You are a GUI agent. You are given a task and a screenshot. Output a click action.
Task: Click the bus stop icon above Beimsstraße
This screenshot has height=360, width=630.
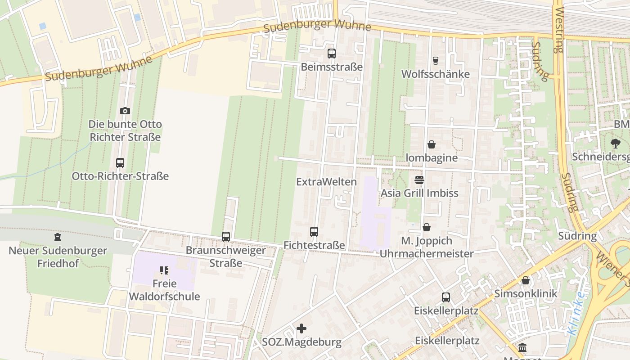pos(332,54)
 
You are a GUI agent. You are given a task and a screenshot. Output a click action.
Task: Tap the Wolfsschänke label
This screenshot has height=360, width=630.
pos(435,74)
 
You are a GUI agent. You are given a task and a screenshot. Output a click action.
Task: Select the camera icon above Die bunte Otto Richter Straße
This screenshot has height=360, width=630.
pos(125,111)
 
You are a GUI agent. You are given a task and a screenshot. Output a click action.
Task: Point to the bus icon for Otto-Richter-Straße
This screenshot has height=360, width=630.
pos(120,163)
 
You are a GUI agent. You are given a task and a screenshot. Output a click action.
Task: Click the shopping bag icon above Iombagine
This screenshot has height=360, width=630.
pos(431,144)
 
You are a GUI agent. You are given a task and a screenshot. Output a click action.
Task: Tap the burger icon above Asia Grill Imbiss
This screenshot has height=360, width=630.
pos(419,180)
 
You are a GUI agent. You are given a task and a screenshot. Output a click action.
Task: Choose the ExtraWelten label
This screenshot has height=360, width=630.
pos(326,182)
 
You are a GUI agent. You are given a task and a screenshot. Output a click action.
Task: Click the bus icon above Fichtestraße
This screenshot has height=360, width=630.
pos(314,232)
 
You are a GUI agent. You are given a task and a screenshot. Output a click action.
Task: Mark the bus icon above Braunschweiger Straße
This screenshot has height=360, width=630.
pos(226,236)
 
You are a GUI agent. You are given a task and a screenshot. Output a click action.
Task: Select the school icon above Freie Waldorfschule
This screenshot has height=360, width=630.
pos(164,270)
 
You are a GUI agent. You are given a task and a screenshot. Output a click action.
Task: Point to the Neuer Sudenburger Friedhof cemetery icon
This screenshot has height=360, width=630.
pos(58,237)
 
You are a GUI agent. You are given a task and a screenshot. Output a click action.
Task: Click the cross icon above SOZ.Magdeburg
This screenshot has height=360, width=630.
pos(301,328)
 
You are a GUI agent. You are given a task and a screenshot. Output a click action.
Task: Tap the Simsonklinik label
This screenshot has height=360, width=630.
pos(526,294)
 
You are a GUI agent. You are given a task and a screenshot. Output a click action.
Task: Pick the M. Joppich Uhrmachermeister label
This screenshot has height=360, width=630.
pos(427,247)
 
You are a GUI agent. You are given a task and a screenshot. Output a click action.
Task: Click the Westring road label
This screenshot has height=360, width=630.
pos(559,29)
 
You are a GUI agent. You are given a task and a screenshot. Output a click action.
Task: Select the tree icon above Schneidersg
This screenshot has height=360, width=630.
pos(615,144)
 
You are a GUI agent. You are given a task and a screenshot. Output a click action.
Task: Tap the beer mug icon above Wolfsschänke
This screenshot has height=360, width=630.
pos(435,60)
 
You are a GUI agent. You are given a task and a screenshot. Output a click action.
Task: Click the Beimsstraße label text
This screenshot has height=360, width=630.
pos(332,67)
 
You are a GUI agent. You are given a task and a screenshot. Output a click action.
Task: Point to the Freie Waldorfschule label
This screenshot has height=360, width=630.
pos(164,290)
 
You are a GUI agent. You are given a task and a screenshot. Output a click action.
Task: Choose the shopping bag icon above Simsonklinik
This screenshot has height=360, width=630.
pos(526,281)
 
